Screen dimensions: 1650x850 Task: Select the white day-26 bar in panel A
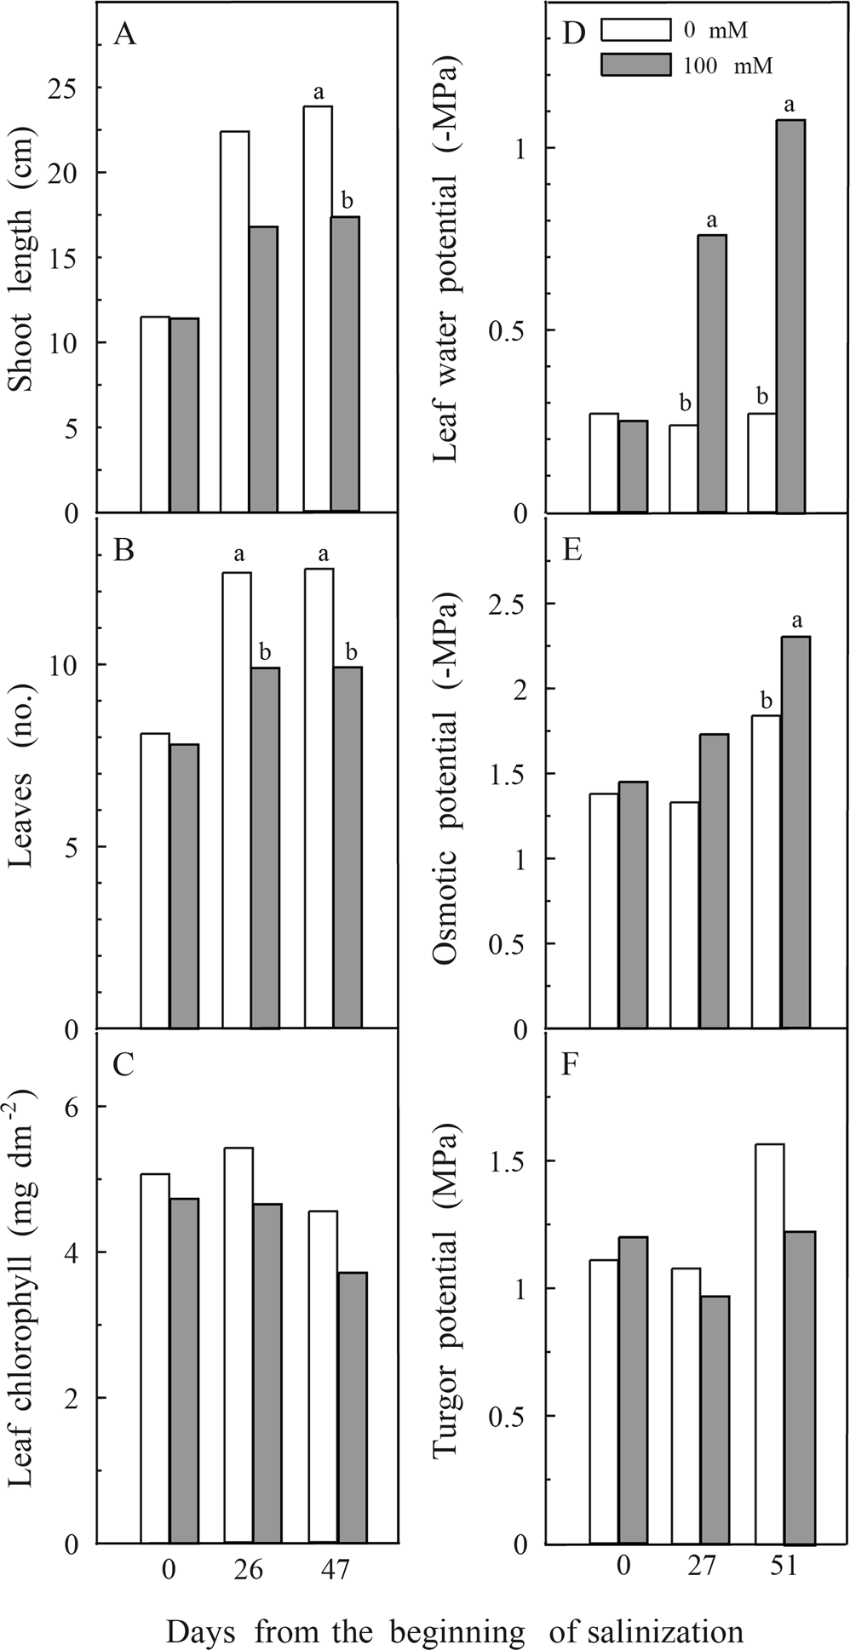click(235, 322)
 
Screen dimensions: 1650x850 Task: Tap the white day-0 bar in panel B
click(155, 880)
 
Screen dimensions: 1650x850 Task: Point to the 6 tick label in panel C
click(76, 1106)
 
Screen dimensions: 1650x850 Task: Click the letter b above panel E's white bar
click(766, 700)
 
